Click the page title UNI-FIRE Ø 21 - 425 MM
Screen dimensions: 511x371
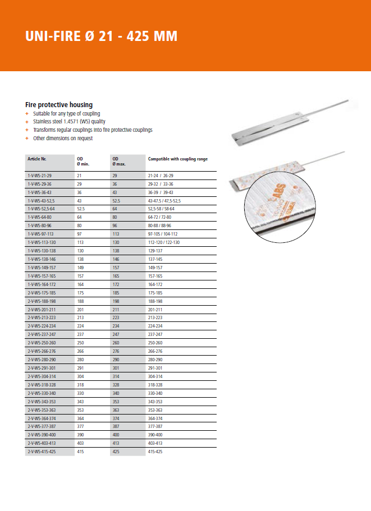coord(101,36)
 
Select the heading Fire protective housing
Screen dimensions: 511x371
coord(59,105)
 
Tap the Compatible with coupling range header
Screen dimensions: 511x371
coord(177,159)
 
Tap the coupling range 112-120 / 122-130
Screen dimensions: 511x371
coord(164,242)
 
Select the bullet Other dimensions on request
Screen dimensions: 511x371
coord(63,138)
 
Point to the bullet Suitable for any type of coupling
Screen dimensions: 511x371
coord(66,114)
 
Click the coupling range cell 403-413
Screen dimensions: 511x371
coord(155,443)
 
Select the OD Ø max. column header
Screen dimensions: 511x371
coord(118,161)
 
